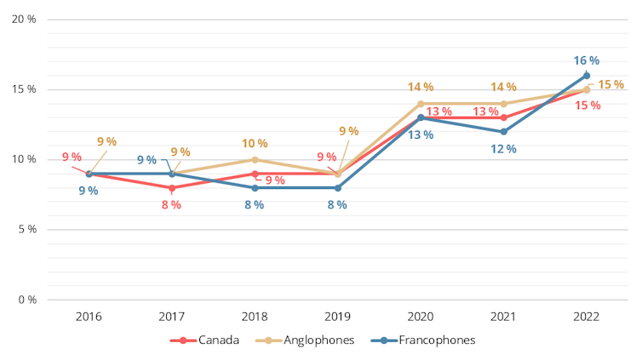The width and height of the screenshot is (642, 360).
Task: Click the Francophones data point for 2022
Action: coord(587,75)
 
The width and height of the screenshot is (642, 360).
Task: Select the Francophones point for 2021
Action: coord(503,131)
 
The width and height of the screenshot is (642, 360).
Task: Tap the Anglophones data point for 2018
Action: coord(255,159)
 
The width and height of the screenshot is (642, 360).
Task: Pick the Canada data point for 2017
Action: coord(171,187)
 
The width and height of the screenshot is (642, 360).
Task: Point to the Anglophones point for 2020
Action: coord(421,103)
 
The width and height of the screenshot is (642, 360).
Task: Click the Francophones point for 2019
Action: coord(338,187)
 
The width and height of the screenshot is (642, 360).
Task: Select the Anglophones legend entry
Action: coord(307,340)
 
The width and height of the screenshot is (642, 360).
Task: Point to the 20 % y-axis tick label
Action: coord(23,19)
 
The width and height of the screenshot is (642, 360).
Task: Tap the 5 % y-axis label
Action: coord(26,229)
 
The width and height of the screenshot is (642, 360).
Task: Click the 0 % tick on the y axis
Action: coord(26,300)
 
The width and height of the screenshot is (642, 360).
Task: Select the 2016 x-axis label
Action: coord(89,317)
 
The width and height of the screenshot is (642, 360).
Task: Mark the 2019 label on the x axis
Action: coord(338,317)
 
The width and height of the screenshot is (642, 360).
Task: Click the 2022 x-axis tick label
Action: coord(587,317)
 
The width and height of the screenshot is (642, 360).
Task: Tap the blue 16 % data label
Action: coord(587,60)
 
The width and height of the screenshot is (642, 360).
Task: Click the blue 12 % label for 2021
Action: coord(503,148)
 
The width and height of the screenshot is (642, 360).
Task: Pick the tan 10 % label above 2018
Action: coord(255,143)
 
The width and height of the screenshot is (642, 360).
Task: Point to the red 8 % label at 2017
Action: coord(171,204)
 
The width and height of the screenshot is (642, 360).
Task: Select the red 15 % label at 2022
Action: coord(588,106)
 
